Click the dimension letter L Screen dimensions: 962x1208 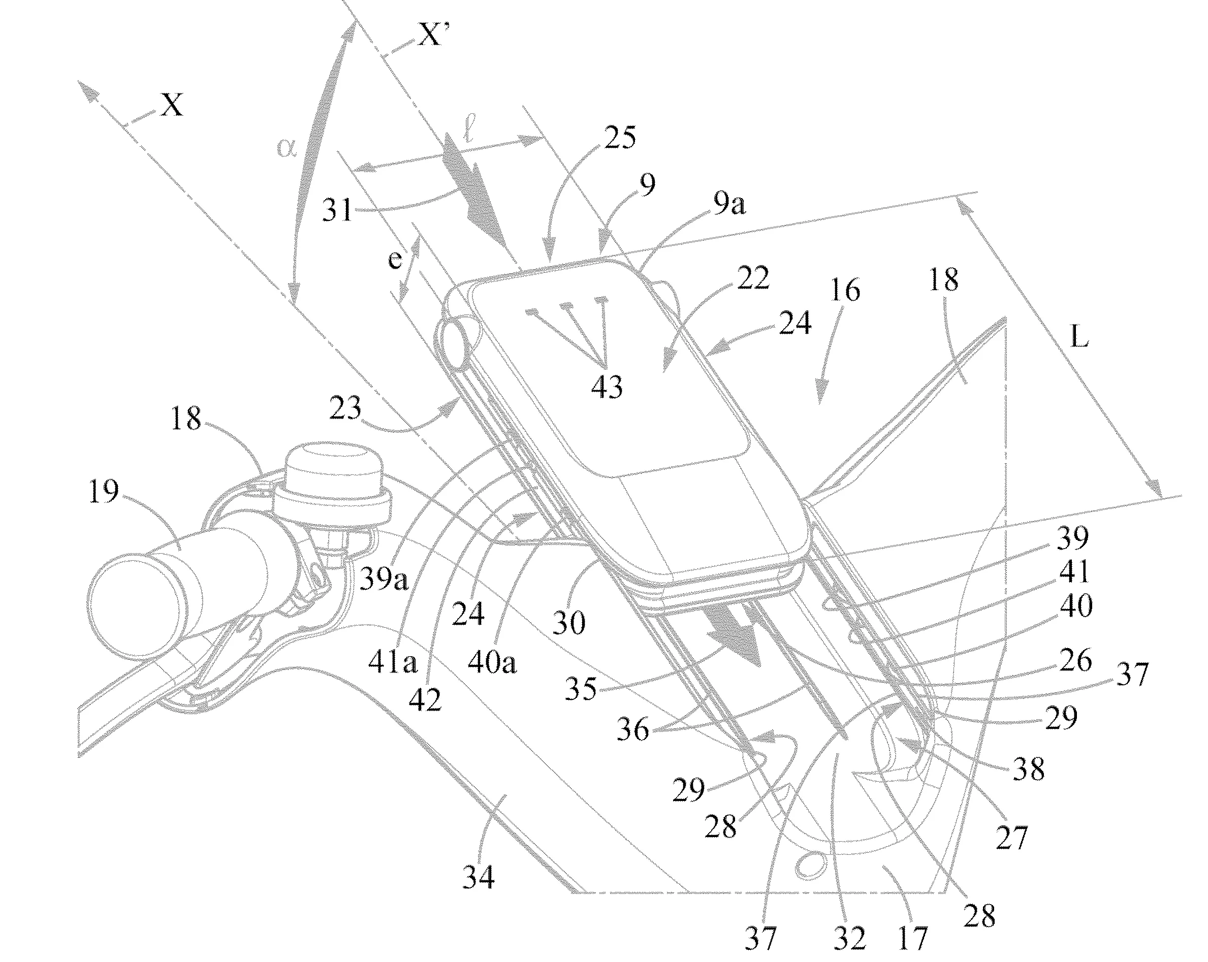pos(1079,337)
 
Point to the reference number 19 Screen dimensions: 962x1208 pos(104,492)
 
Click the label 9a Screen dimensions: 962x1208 pos(728,206)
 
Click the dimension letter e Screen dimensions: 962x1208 pos(395,259)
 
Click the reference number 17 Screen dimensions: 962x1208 pos(912,937)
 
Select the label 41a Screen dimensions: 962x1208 pos(392,663)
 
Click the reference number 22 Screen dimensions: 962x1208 pos(752,278)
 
